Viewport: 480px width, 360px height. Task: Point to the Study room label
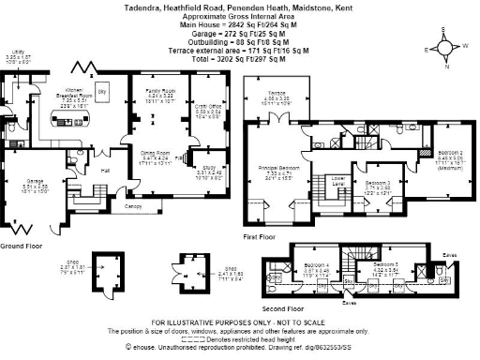click(208, 171)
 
